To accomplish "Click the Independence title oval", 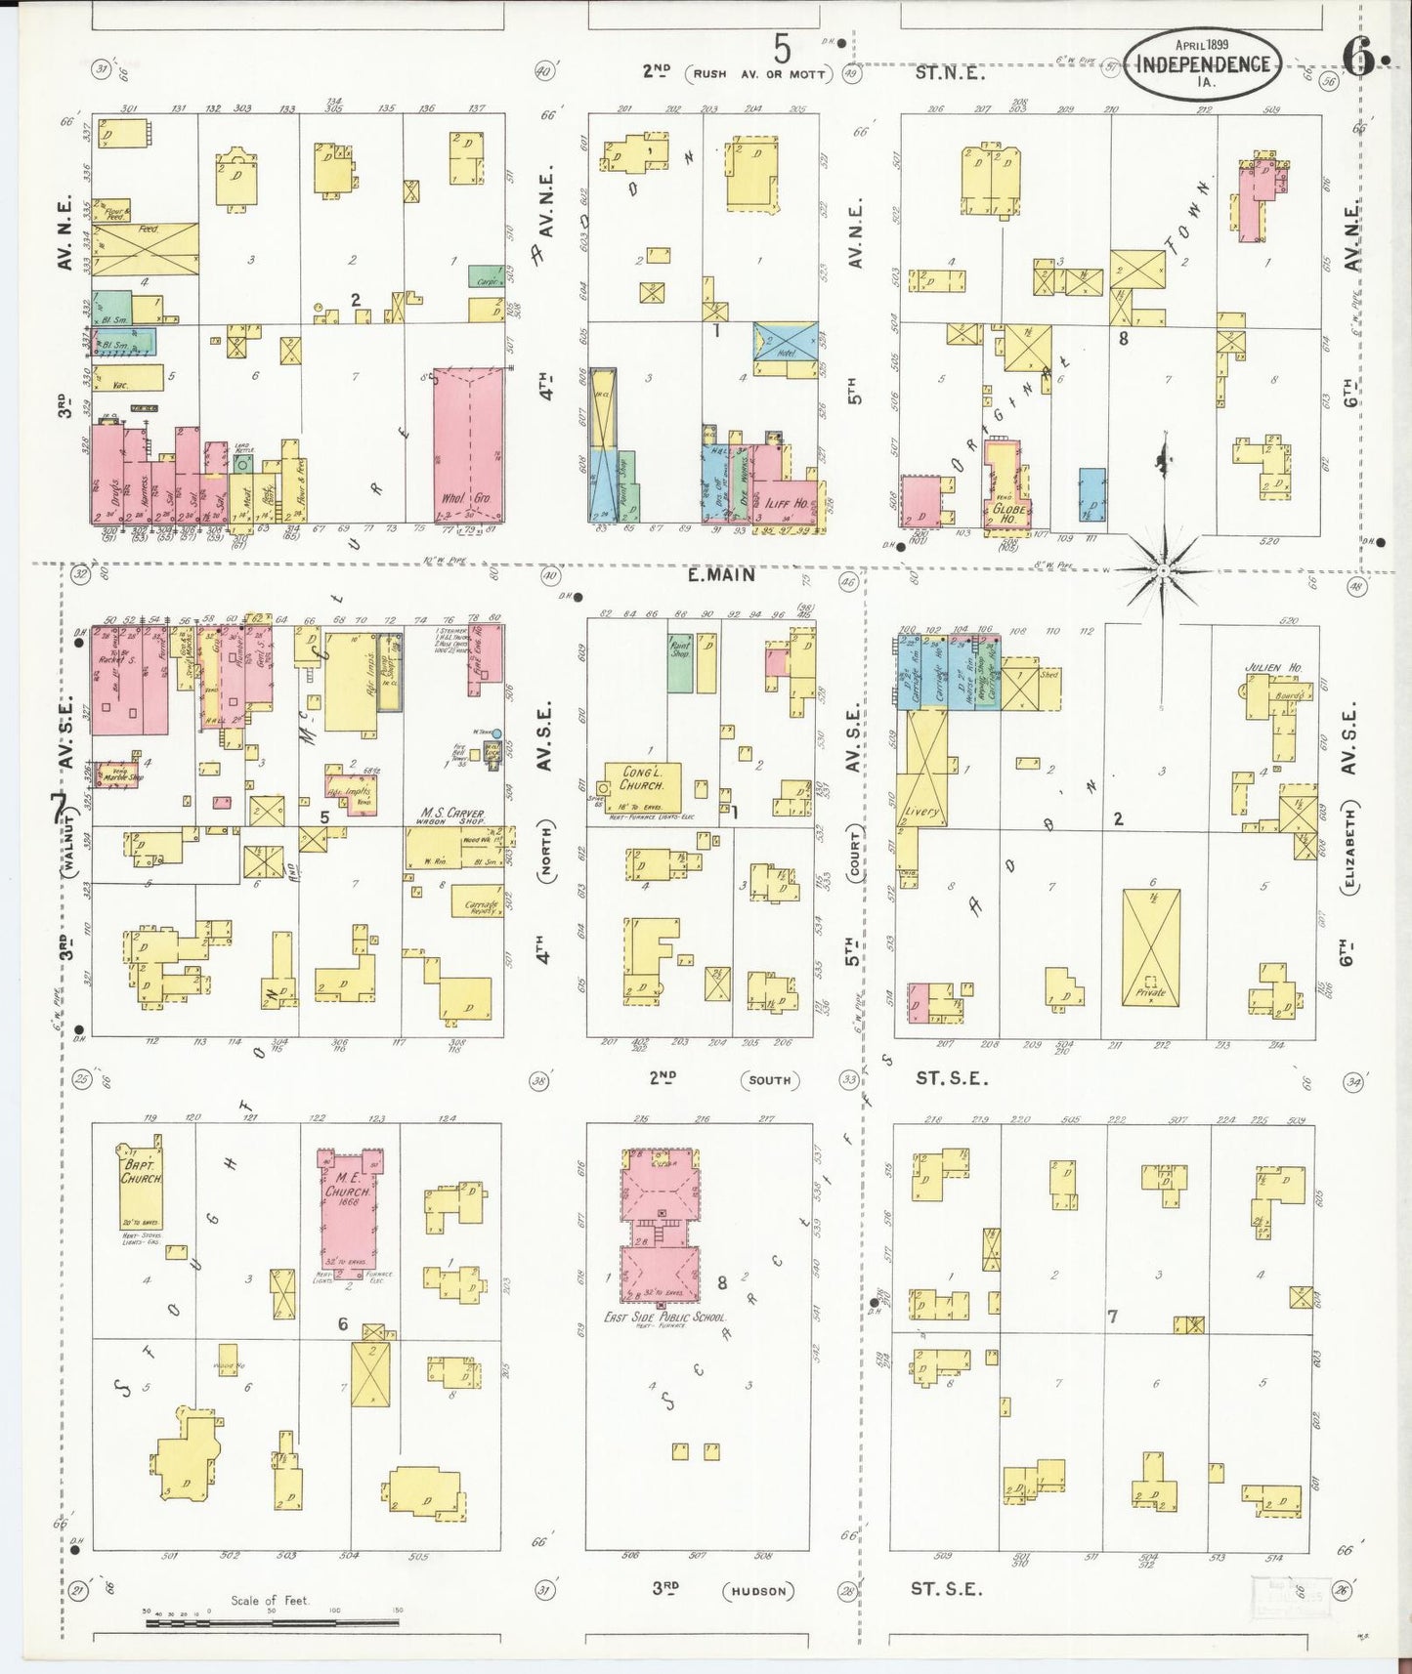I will [1203, 63].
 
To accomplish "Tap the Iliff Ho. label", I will [786, 503].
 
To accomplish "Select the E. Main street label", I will [721, 574].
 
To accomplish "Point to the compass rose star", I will [1163, 568].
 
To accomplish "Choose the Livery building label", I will [920, 812].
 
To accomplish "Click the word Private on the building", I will [1150, 993].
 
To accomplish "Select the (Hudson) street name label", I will [759, 1591].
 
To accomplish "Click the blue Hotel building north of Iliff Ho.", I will [785, 350].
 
